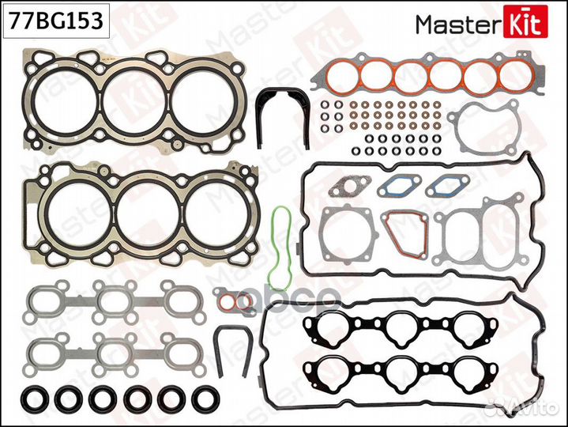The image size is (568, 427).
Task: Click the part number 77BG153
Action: pos(55,21)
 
